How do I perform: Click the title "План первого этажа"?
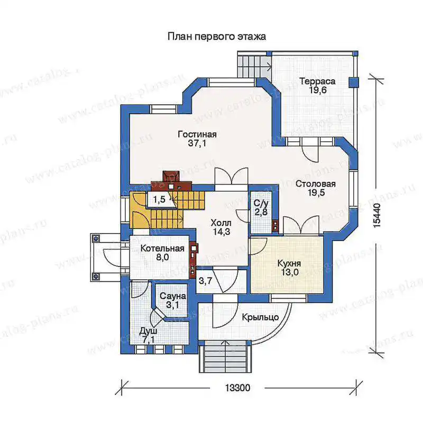pyautogui.click(x=217, y=36)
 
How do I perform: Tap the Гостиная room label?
pyautogui.click(x=197, y=134)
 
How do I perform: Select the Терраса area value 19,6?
pyautogui.click(x=318, y=90)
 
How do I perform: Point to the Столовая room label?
pyautogui.click(x=316, y=184)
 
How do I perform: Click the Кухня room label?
pyautogui.click(x=289, y=263)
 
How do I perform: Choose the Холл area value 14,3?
pyautogui.click(x=222, y=232)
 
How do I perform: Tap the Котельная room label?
pyautogui.click(x=162, y=248)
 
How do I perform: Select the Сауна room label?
pyautogui.click(x=173, y=296)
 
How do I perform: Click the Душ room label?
pyautogui.click(x=148, y=332)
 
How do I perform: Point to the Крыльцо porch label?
pyautogui.click(x=260, y=317)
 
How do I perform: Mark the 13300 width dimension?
pyautogui.click(x=237, y=388)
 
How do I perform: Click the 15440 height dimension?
pyautogui.click(x=377, y=215)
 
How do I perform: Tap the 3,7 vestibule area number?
pyautogui.click(x=205, y=281)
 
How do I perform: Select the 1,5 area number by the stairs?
pyautogui.click(x=159, y=200)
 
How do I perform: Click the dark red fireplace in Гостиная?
pyautogui.click(x=171, y=181)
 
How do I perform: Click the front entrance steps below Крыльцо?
pyautogui.click(x=223, y=356)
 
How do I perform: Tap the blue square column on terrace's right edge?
pyautogui.click(x=354, y=82)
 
